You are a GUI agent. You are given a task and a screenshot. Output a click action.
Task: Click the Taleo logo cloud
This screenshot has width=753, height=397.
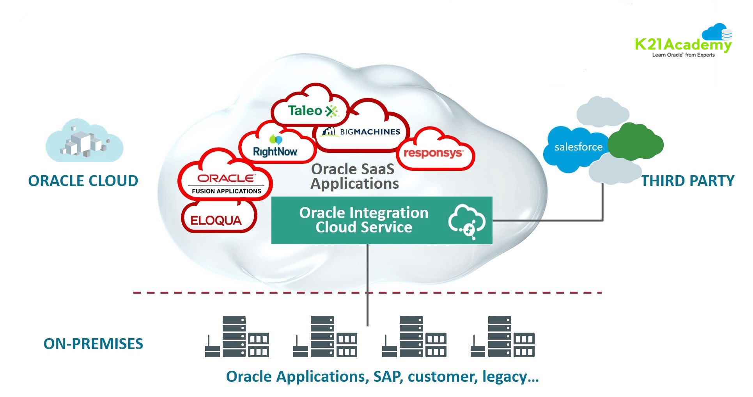(x=312, y=111)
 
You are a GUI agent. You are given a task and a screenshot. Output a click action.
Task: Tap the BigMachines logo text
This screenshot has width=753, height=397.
(x=370, y=132)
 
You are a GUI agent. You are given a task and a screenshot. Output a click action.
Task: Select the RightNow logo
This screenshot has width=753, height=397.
(x=275, y=151)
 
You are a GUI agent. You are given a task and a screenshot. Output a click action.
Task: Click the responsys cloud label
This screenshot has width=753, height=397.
(x=433, y=153)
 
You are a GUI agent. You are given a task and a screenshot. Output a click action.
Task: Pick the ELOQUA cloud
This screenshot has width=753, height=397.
(x=216, y=220)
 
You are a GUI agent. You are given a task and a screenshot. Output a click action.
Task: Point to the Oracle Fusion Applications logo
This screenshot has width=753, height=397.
(x=226, y=183)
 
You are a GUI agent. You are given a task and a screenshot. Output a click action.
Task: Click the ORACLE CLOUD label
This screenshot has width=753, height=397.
(x=83, y=181)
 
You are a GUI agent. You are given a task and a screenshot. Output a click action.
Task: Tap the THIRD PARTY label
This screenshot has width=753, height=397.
(x=687, y=181)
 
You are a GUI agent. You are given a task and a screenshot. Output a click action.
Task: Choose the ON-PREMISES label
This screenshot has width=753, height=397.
(x=93, y=344)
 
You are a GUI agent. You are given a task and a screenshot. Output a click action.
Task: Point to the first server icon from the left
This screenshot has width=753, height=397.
(x=237, y=337)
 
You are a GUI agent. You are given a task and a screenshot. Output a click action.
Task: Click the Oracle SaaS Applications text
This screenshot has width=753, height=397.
(x=354, y=176)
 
